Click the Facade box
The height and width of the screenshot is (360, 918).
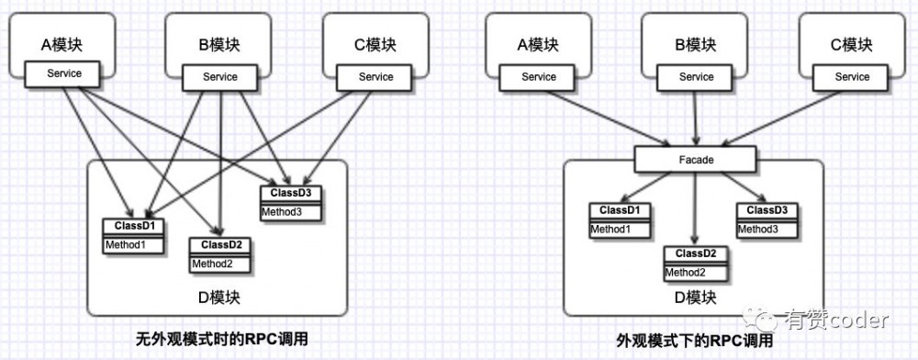(x=696, y=160)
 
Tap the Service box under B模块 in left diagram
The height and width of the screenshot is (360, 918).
(x=218, y=77)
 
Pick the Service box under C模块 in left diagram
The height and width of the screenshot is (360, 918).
(x=375, y=77)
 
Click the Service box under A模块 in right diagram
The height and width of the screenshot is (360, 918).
(x=539, y=77)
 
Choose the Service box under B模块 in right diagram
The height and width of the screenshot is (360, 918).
(x=696, y=77)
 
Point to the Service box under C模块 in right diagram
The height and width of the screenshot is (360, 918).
(x=852, y=77)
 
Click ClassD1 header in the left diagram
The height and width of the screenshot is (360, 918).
(x=133, y=226)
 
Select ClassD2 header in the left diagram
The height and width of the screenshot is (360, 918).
(x=219, y=245)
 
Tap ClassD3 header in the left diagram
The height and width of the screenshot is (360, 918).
(x=291, y=193)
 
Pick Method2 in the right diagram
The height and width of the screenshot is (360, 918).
(x=695, y=272)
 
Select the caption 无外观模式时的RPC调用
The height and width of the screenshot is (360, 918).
(x=219, y=339)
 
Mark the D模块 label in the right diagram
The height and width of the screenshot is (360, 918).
(x=695, y=298)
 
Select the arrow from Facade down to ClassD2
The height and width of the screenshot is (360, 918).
(x=695, y=207)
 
